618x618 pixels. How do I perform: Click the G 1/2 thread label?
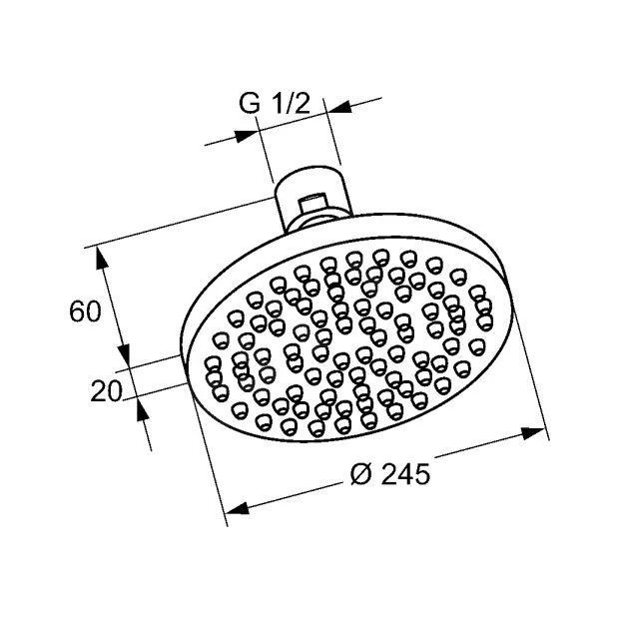(275, 104)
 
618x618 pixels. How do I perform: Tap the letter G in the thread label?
(250, 104)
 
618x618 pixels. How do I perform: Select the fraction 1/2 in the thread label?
(291, 104)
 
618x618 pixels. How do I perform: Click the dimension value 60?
(85, 311)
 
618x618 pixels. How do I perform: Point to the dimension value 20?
(106, 391)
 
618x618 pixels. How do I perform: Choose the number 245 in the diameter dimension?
(405, 474)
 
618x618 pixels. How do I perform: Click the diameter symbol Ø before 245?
(361, 474)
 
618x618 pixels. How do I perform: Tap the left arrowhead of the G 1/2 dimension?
(246, 136)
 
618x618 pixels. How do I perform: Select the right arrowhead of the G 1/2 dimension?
(339, 107)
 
